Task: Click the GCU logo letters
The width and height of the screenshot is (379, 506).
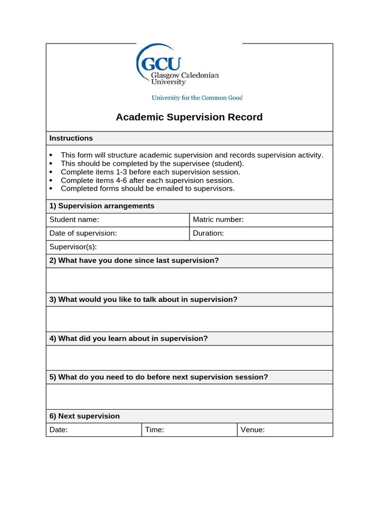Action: click(161, 64)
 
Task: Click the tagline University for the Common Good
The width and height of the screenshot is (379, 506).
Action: click(197, 98)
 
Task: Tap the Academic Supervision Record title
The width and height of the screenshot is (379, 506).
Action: click(189, 117)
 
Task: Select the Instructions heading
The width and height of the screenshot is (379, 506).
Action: click(71, 138)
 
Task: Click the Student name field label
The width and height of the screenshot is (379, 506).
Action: click(74, 220)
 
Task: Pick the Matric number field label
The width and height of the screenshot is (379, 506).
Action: click(218, 220)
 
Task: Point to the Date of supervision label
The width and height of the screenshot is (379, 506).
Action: click(83, 233)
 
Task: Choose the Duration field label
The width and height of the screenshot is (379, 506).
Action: click(208, 233)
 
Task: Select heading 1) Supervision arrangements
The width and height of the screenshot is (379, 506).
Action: click(102, 206)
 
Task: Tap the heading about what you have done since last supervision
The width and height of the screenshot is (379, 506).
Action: click(134, 260)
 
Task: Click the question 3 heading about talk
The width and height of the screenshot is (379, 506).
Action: click(143, 299)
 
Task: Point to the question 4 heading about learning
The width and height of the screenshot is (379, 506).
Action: click(128, 338)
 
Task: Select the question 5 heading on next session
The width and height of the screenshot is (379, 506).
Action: click(158, 377)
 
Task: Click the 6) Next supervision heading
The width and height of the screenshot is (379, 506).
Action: click(84, 416)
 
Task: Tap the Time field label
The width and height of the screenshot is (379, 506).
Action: click(154, 430)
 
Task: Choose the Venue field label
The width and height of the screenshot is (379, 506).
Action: click(253, 430)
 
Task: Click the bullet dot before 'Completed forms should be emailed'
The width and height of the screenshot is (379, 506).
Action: click(51, 189)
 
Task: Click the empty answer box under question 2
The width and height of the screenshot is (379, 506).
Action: click(189, 280)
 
